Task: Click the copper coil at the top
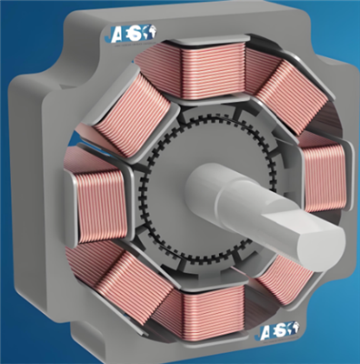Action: pos(206,66)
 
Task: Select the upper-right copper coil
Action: pos(276,86)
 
